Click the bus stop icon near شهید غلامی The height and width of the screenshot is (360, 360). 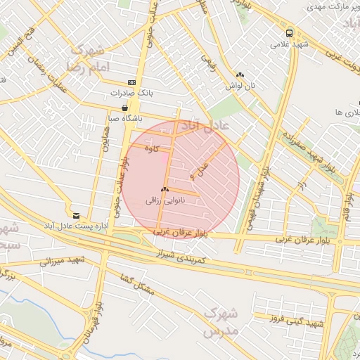coord(289,34)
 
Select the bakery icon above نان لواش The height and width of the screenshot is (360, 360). coord(240,75)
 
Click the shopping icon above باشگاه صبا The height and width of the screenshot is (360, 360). coord(125,108)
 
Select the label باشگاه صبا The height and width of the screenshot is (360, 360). coord(126,118)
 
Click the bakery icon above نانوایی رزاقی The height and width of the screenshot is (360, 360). coord(165,189)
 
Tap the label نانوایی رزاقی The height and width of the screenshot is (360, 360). coord(165,200)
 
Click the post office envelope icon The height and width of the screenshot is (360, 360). coord(76,215)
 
